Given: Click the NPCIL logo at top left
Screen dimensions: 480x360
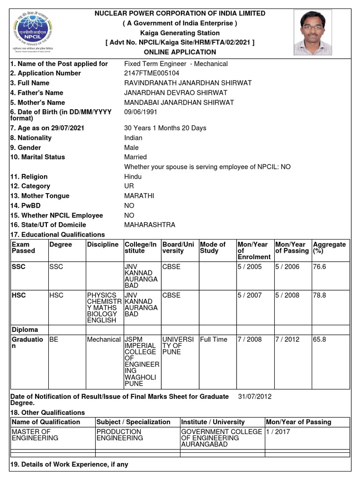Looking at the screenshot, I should coord(32,31).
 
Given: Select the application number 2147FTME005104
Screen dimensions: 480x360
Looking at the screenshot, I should coord(151,73).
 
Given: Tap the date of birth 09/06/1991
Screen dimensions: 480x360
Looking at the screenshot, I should coord(141,112).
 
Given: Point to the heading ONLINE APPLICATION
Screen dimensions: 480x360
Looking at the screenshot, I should coord(180,52).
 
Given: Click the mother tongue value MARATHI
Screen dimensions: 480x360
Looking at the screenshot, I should coord(139,196).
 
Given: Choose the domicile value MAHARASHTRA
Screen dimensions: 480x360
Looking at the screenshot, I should coord(150,225).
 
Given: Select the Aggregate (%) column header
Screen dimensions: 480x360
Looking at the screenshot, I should coord(329,247).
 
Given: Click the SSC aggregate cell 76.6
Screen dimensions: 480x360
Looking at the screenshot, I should coord(319,267).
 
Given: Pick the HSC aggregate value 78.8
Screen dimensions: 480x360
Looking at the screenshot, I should coord(319,295).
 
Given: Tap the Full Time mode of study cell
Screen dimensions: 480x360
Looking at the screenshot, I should coord(214,339).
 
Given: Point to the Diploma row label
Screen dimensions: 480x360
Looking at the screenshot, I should coord(25,330).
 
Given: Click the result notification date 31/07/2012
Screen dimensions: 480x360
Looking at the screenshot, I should coord(255,397).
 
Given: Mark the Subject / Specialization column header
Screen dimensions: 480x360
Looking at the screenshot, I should coord(133,422).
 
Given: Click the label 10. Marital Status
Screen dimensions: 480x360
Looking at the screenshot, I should coord(37,157).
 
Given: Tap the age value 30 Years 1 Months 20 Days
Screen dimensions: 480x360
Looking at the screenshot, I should coord(165,128).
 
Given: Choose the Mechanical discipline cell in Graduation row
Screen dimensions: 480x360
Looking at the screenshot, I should coord(104,339).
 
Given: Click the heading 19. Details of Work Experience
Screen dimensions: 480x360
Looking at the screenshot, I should coord(69,465).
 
